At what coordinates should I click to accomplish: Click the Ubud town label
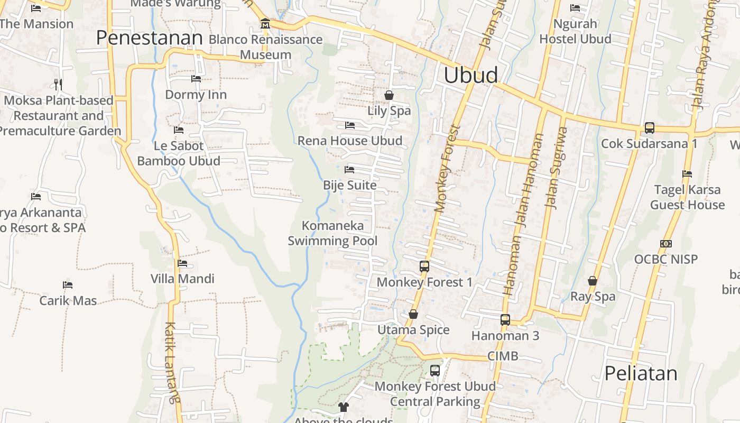[470, 75]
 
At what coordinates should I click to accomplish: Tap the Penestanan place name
[149, 38]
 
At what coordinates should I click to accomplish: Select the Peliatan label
[641, 373]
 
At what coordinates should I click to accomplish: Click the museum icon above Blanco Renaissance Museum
[265, 24]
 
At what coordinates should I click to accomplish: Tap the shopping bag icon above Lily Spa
[389, 95]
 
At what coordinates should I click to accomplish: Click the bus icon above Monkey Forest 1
[424, 266]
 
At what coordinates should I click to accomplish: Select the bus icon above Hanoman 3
[505, 320]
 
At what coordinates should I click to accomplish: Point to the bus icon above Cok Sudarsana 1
[650, 128]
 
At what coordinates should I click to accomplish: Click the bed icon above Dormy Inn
[196, 79]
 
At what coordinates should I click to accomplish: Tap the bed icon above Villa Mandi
[182, 263]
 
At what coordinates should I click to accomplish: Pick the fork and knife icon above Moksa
[58, 84]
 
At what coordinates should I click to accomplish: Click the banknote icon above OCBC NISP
[666, 244]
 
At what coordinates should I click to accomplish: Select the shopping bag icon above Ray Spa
[593, 281]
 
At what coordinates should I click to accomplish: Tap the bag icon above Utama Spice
[413, 315]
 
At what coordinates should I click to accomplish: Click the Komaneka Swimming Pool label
[332, 233]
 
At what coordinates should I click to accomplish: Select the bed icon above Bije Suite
[349, 170]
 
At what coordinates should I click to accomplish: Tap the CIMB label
[503, 356]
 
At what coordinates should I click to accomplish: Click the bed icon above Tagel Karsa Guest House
[687, 173]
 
